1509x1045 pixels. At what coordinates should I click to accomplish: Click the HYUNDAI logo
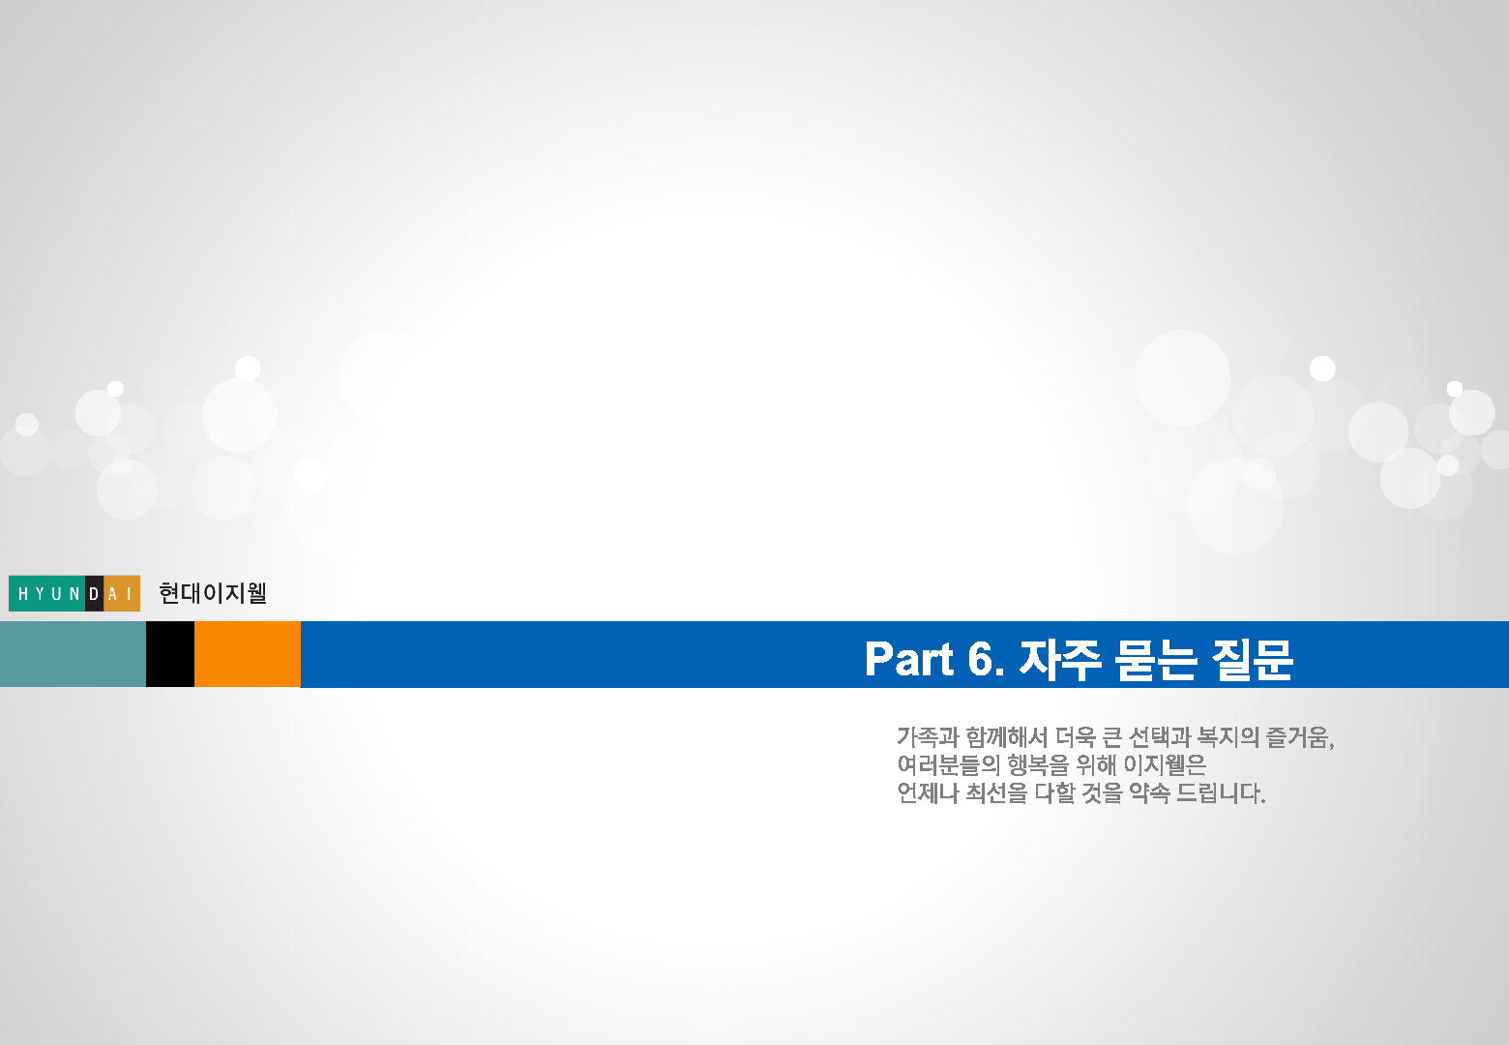point(74,593)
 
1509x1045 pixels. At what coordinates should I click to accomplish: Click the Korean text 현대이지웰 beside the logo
point(213,593)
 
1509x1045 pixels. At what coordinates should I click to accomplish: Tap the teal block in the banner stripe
point(73,654)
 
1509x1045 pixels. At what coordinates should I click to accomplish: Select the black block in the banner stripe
point(170,654)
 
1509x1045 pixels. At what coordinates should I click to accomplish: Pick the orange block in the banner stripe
point(248,654)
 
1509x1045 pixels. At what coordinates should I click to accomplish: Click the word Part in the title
point(909,658)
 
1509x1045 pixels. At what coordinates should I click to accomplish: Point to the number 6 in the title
point(980,658)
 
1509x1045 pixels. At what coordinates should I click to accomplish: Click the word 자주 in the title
point(1059,660)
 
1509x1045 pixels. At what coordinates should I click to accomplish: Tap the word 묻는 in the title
point(1156,660)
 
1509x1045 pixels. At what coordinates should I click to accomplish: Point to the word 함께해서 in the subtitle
point(1006,737)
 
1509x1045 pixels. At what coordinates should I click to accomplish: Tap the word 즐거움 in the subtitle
point(1298,737)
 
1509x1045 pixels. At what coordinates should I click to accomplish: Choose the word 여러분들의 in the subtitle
point(949,765)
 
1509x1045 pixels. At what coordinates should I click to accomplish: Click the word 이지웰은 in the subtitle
point(1165,765)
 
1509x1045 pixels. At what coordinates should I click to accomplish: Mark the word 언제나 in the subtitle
point(928,793)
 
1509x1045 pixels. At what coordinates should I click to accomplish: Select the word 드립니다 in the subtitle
point(1217,793)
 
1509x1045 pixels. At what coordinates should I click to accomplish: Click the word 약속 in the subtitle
point(1149,793)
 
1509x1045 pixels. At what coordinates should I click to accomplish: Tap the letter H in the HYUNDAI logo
point(23,593)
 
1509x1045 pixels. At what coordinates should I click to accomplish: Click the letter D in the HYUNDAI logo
point(95,593)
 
